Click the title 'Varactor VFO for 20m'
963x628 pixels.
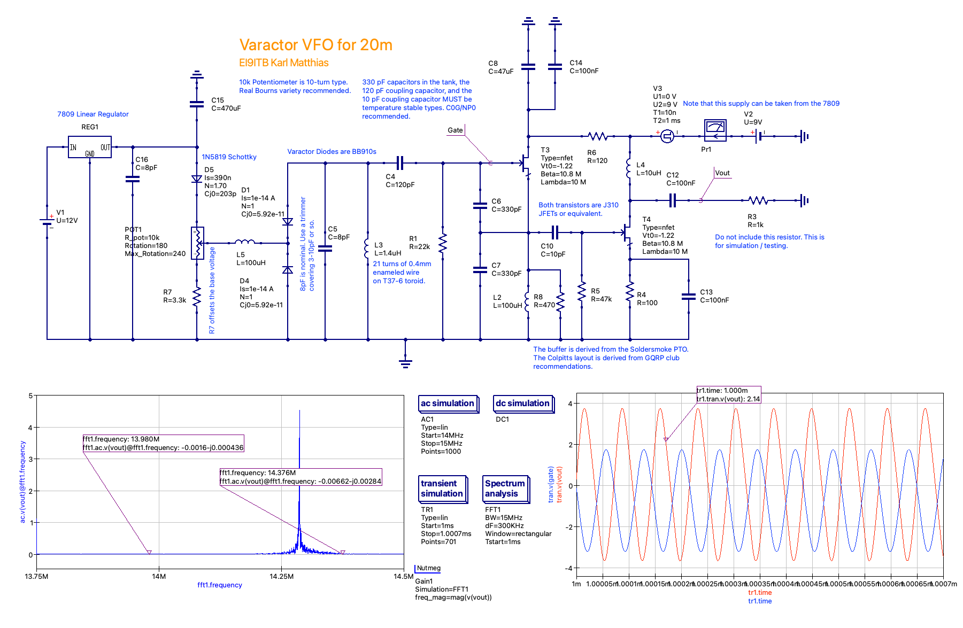[x=315, y=45]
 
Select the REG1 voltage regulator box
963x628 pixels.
[x=90, y=147]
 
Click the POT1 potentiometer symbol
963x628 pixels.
[x=197, y=243]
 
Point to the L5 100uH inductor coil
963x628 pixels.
[x=245, y=242]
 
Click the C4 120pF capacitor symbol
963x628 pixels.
[x=400, y=163]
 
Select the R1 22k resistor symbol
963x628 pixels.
[x=443, y=243]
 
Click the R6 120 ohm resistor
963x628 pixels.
[x=598, y=136]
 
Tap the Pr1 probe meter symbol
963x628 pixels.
[x=715, y=130]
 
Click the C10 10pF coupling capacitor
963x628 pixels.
[x=555, y=232]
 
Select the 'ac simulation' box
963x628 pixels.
[x=448, y=404]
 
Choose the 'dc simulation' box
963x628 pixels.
[x=522, y=404]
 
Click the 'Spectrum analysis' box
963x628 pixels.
[x=505, y=489]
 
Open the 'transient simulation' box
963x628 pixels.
[x=442, y=489]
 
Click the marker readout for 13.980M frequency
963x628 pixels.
[x=163, y=444]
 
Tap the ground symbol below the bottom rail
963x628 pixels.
[x=405, y=363]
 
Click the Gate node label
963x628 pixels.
[x=455, y=130]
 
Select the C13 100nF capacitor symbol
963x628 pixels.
[x=689, y=297]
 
